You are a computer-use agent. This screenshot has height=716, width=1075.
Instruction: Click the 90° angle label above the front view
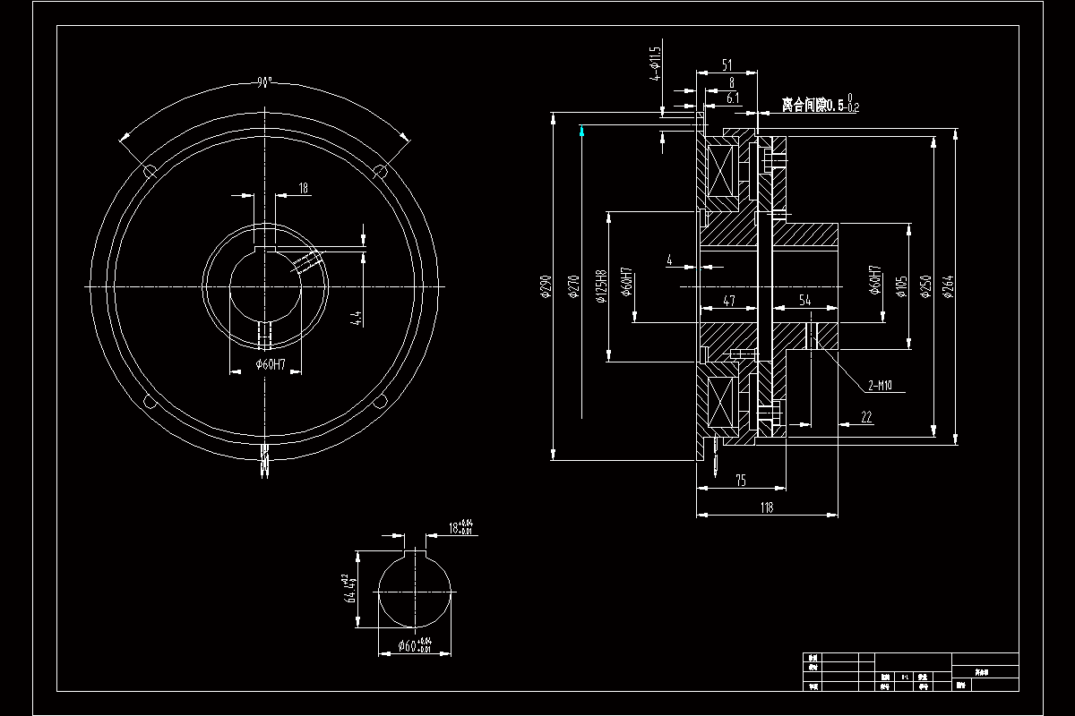point(263,83)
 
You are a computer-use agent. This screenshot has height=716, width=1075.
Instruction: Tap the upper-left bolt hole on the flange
point(150,171)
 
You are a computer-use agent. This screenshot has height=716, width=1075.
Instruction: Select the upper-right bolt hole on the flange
point(379,170)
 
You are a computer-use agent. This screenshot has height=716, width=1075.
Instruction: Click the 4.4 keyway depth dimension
point(357,318)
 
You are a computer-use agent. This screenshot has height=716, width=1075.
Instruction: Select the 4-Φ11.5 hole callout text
point(655,64)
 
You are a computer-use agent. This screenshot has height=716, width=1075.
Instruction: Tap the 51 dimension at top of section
point(727,64)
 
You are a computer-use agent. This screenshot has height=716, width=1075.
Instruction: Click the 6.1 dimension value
point(732,98)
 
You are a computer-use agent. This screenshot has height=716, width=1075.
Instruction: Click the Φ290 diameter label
point(544,286)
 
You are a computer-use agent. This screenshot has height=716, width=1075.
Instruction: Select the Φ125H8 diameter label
point(601,286)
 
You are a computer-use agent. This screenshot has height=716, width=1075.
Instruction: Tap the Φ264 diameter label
point(948,286)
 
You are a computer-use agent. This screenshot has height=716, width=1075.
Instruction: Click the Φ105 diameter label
point(900,286)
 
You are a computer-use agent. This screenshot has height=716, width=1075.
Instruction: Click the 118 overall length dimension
point(767,507)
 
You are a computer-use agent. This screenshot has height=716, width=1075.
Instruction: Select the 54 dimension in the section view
point(804,301)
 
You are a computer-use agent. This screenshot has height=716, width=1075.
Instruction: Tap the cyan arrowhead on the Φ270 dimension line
point(582,132)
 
